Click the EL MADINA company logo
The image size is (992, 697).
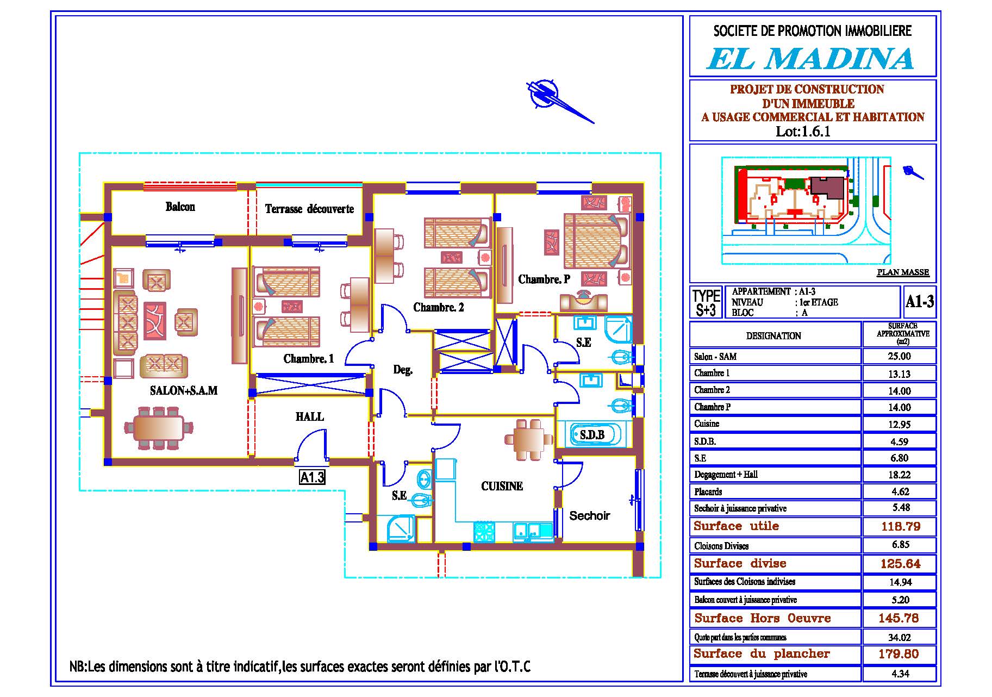(810, 59)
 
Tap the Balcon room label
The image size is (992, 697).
(180, 207)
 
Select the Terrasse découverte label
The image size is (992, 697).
(309, 209)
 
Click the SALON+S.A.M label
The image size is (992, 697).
(184, 390)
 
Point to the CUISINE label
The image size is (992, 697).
(502, 486)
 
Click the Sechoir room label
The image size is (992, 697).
(589, 515)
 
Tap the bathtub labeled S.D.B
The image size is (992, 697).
(593, 434)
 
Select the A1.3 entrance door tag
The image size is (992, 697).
(312, 477)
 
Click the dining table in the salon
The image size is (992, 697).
(158, 427)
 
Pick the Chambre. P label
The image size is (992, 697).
(544, 279)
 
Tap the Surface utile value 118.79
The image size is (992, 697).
(900, 526)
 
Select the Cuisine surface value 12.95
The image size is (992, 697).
(899, 424)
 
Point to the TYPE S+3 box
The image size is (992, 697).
(706, 303)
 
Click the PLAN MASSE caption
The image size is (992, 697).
(903, 272)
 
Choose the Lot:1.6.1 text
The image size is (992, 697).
(803, 131)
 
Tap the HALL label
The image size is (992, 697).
(310, 417)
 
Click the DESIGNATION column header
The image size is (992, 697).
(773, 336)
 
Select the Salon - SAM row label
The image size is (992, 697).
(715, 357)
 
